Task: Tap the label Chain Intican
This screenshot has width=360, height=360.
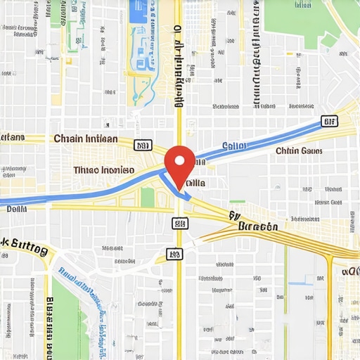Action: click(86, 139)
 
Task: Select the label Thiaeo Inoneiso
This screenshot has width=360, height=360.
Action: click(103, 170)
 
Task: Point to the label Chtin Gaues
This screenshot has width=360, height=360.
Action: click(299, 150)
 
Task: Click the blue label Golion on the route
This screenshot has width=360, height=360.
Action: click(235, 146)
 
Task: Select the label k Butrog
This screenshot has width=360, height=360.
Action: click(25, 247)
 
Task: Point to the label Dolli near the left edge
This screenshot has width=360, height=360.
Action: click(16, 208)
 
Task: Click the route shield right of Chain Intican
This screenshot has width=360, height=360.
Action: click(143, 146)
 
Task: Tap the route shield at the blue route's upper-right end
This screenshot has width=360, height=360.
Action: click(328, 122)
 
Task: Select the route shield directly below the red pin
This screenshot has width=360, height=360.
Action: click(181, 224)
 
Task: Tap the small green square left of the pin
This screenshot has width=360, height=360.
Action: click(147, 198)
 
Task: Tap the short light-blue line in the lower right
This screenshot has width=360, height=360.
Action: click(300, 283)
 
